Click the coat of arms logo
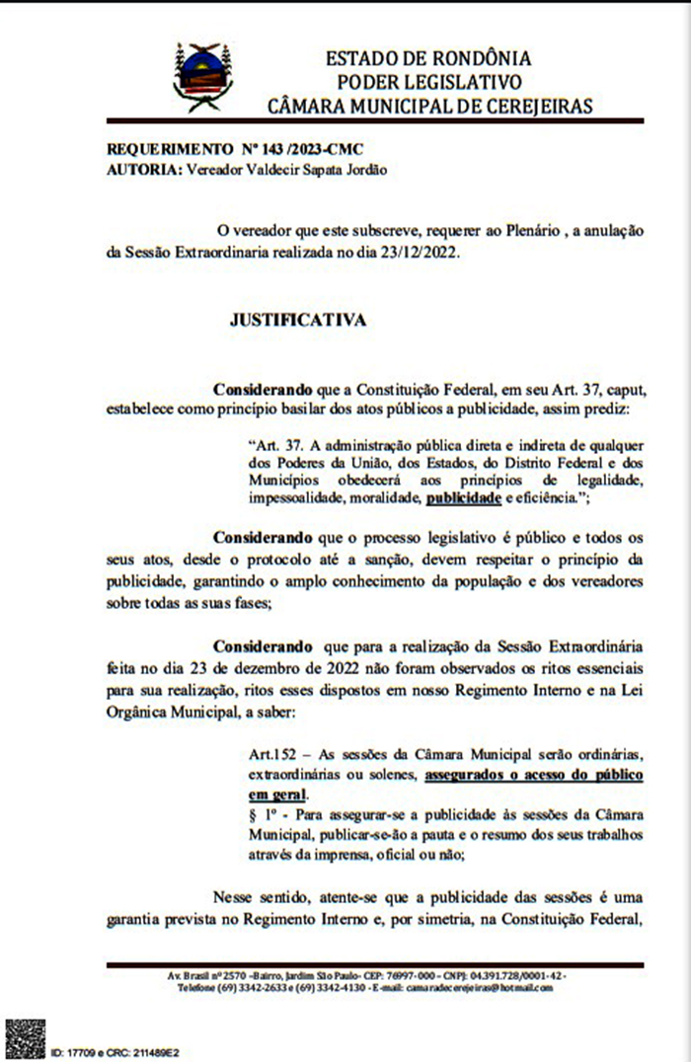[x=202, y=77]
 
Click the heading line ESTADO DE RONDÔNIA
[x=427, y=58]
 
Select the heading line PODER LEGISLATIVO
[x=428, y=82]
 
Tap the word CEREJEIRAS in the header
[x=534, y=106]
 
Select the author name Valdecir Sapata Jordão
[x=295, y=169]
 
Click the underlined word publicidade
[x=464, y=499]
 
